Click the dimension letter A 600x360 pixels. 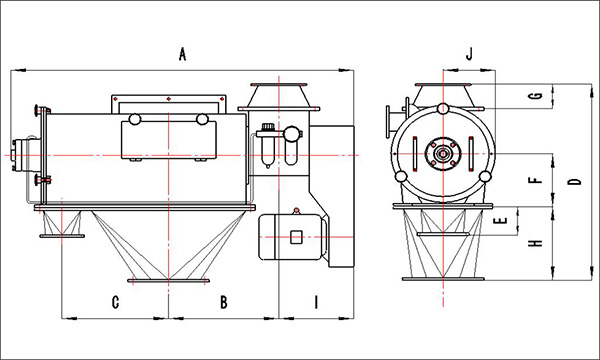coord(183,54)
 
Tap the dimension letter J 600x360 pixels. coord(469,54)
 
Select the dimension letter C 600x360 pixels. coord(115,302)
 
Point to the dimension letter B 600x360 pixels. coord(223,302)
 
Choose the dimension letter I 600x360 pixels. coord(316,302)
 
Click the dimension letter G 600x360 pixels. coord(538,95)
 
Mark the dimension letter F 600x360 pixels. coord(538,180)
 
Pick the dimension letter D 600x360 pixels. coord(574,181)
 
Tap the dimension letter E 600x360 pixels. coord(501,220)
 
